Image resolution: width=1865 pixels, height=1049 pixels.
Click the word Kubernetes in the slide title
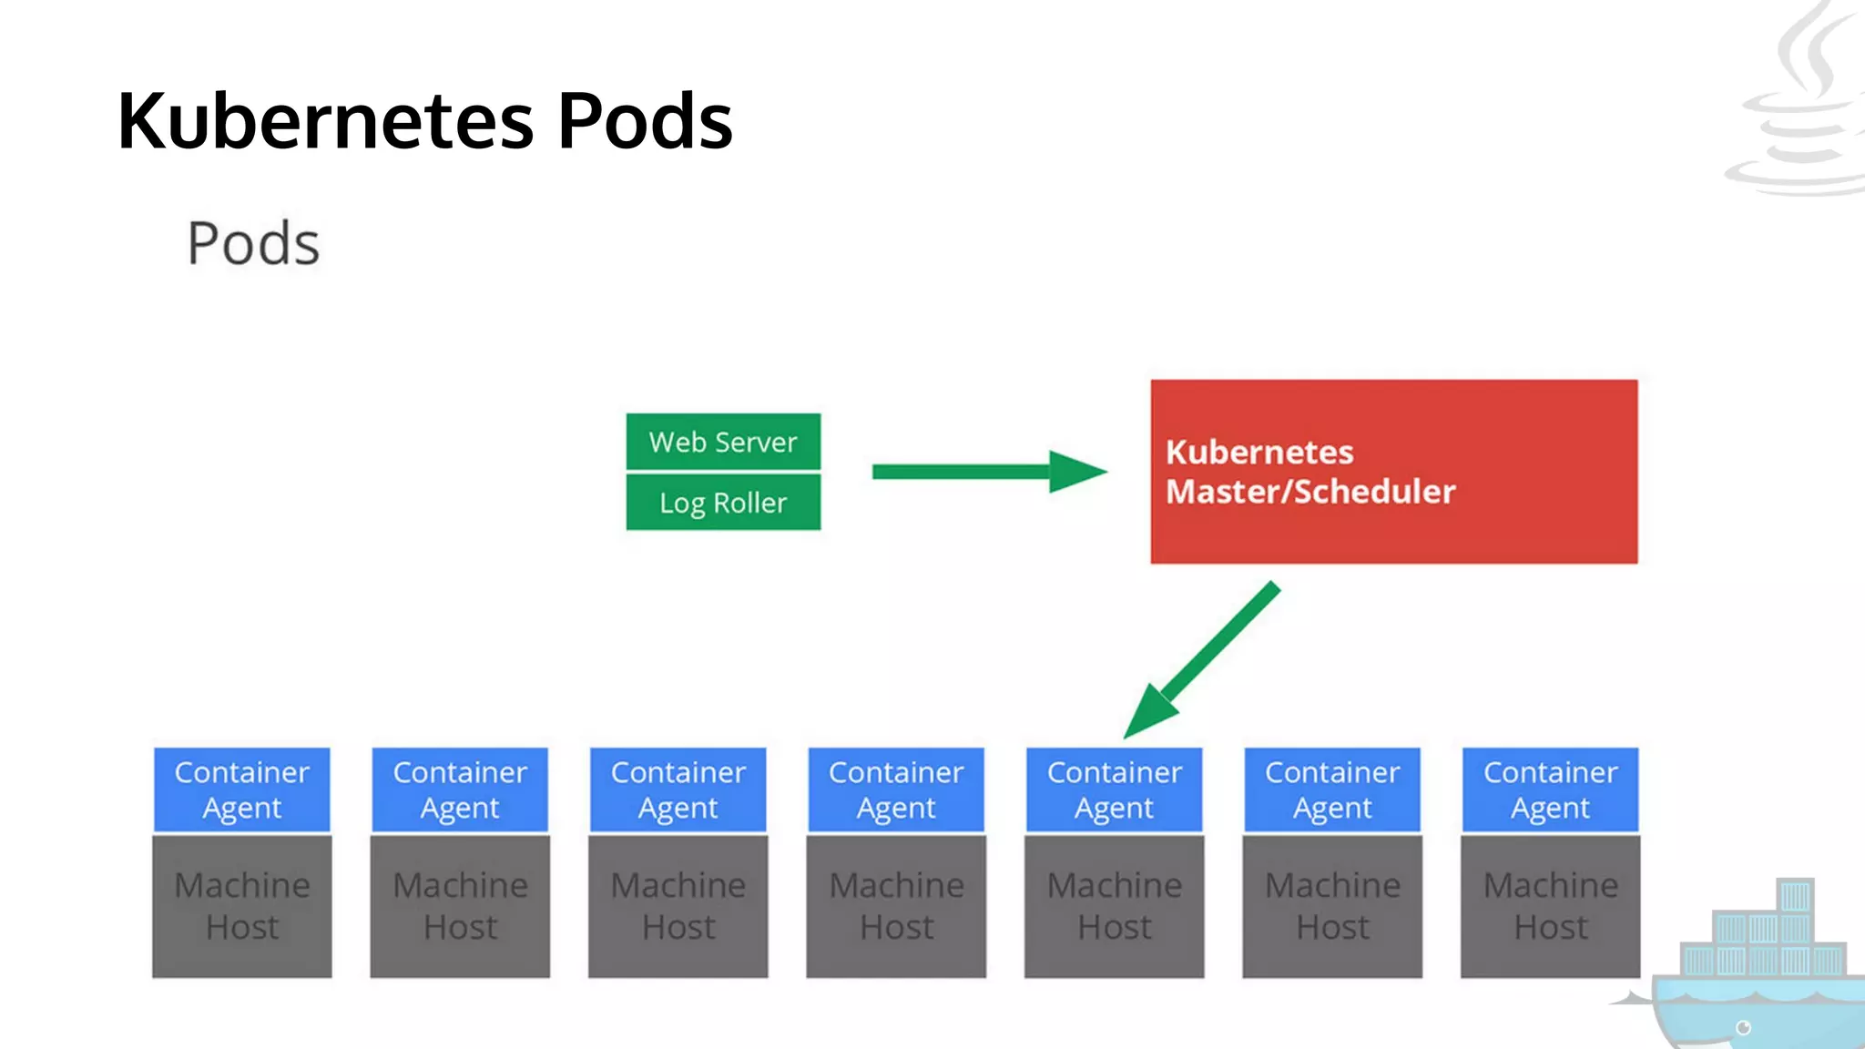click(326, 121)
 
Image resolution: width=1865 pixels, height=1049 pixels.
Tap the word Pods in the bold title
click(645, 121)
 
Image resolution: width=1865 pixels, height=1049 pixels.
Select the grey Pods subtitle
click(253, 244)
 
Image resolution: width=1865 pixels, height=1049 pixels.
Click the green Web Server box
click(723, 442)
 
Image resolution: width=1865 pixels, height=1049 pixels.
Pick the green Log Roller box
click(723, 502)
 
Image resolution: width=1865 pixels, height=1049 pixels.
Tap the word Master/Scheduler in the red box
click(1310, 492)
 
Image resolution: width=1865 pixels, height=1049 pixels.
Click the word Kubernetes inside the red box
click(1259, 453)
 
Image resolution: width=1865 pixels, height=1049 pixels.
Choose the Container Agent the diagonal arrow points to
click(1114, 789)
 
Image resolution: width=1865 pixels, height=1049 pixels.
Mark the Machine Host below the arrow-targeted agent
click(1114, 906)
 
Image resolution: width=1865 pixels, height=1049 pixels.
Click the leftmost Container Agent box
click(241, 789)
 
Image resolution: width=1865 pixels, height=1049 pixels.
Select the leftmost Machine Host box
click(241, 906)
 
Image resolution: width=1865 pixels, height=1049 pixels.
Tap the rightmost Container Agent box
click(1550, 789)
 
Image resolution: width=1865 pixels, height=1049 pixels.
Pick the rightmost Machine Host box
click(1550, 906)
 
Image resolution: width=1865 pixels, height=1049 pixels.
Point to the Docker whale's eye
click(1743, 1028)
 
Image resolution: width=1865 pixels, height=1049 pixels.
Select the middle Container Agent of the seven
click(896, 789)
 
